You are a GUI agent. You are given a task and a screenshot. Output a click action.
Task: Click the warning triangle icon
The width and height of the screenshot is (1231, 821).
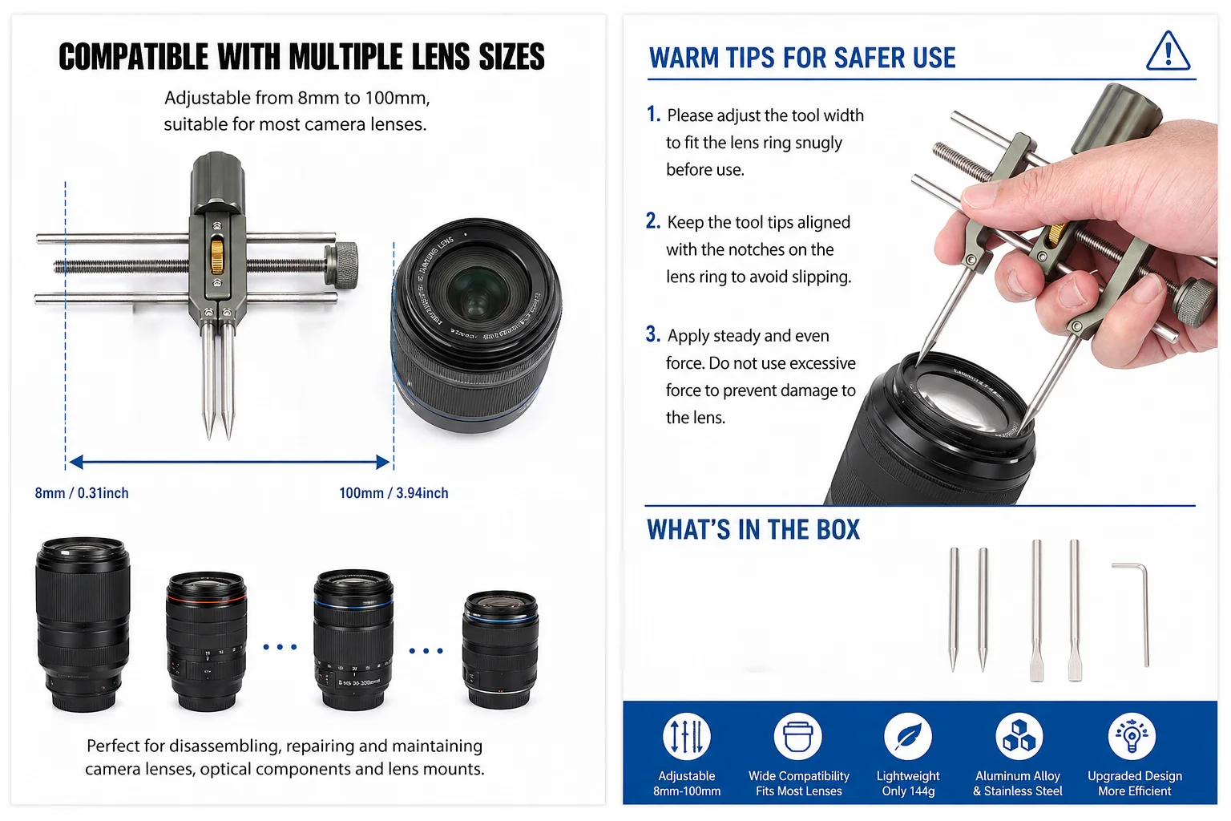pyautogui.click(x=1168, y=51)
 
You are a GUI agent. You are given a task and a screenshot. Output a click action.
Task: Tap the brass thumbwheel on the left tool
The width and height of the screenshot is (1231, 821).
pyautogui.click(x=217, y=257)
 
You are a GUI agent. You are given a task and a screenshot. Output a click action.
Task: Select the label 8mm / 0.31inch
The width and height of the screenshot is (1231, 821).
pyautogui.click(x=82, y=493)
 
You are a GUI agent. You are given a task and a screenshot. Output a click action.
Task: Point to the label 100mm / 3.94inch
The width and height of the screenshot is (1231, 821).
pyautogui.click(x=394, y=493)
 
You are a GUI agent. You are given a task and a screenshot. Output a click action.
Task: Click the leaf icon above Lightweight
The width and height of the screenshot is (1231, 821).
pyautogui.click(x=908, y=736)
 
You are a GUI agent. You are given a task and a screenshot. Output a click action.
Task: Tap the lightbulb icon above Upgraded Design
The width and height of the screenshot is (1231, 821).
pyautogui.click(x=1132, y=736)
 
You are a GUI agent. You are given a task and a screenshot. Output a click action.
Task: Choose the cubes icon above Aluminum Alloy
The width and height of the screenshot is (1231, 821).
pyautogui.click(x=1019, y=736)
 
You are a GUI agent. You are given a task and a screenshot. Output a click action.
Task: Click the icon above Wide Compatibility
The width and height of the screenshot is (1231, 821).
pyautogui.click(x=797, y=736)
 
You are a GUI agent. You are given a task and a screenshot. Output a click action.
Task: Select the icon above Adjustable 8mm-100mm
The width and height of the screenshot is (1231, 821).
pyautogui.click(x=686, y=736)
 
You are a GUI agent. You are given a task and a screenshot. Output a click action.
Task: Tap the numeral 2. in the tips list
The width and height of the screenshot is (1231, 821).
pyautogui.click(x=653, y=221)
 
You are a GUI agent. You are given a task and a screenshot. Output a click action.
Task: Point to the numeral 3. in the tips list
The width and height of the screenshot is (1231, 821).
pyautogui.click(x=653, y=334)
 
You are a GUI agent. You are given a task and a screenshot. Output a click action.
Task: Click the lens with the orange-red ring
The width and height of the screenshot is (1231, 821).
pyautogui.click(x=206, y=641)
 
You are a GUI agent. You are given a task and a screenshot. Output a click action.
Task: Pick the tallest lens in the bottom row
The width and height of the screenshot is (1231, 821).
pyautogui.click(x=83, y=624)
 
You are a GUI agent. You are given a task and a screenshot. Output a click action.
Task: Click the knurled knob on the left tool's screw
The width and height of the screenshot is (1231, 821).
pyautogui.click(x=342, y=264)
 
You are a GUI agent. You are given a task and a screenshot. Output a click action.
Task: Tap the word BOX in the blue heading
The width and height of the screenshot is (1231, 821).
pyautogui.click(x=837, y=529)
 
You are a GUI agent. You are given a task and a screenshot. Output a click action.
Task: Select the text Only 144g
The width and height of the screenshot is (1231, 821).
pyautogui.click(x=908, y=791)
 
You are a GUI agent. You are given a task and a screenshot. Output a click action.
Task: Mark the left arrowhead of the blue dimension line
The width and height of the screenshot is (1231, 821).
pyautogui.click(x=76, y=462)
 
